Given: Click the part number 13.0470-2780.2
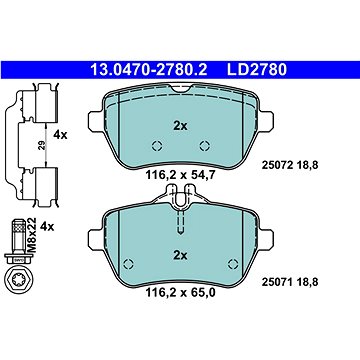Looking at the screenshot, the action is click(149, 70).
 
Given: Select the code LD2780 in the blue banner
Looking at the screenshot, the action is click(257, 70).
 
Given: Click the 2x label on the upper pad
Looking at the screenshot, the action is click(180, 126).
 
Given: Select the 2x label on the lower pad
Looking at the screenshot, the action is click(180, 256).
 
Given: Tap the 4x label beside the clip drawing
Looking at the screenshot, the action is click(60, 135).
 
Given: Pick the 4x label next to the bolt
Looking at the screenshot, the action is click(47, 227).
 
